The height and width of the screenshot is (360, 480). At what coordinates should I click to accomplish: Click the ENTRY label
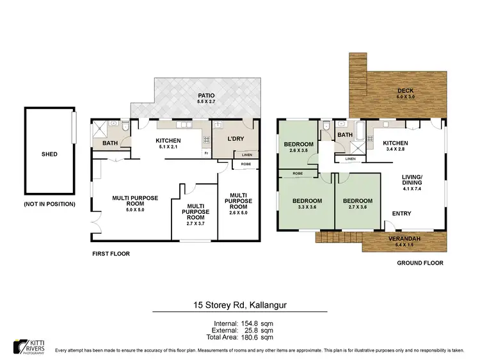click(x=401, y=214)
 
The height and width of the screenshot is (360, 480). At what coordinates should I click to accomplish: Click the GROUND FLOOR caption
click(x=420, y=263)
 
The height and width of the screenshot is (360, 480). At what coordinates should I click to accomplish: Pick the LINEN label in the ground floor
click(x=350, y=159)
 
